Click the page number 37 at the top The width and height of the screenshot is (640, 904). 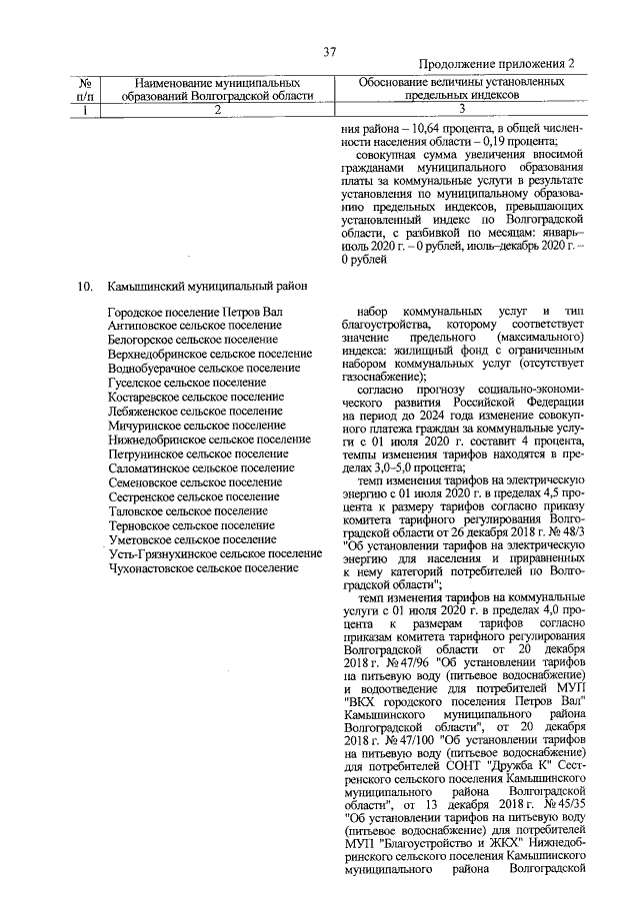point(329,53)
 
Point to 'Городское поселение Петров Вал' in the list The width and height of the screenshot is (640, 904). point(196,314)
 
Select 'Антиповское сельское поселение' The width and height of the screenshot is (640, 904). point(193,327)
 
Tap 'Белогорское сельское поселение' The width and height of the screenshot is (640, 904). point(193,341)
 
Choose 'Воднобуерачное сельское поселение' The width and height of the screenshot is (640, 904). point(204,369)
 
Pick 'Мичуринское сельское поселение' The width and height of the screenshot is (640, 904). point(195,426)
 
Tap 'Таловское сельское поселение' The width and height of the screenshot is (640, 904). point(190,510)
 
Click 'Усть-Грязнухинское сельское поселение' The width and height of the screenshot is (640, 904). point(215,553)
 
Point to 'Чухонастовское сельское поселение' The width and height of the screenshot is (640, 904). point(204,567)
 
